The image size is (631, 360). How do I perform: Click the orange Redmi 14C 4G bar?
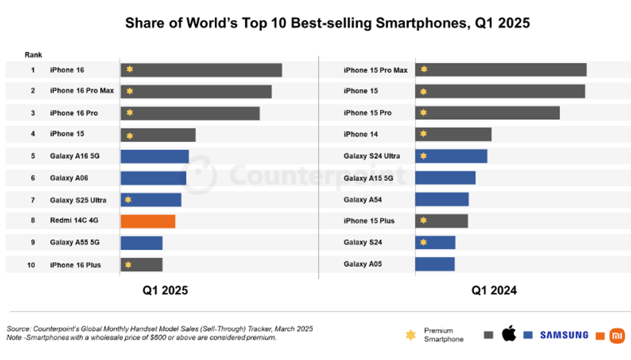[x=147, y=221]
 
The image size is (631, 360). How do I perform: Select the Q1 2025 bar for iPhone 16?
[x=201, y=70]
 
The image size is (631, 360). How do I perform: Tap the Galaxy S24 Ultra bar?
[x=451, y=156]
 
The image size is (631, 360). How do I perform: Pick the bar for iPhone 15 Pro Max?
[x=500, y=70]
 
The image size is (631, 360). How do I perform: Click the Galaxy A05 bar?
[x=435, y=264]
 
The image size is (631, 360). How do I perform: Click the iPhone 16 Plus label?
[x=75, y=265]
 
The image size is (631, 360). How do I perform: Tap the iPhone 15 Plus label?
[x=369, y=221]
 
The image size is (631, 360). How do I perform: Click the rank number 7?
[x=32, y=200]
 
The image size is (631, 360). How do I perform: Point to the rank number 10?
[x=31, y=265]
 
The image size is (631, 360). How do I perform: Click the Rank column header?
[x=33, y=55]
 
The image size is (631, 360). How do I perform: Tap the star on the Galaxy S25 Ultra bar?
[x=129, y=200]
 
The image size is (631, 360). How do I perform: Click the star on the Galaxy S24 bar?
[x=423, y=242]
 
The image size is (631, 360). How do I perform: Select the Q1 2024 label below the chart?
[x=494, y=290]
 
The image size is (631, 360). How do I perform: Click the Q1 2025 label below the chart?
[x=165, y=290]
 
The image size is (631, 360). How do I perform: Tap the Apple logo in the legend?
[x=509, y=334]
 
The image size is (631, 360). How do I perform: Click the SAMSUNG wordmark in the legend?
[x=564, y=335]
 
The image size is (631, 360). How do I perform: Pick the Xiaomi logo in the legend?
[x=617, y=335]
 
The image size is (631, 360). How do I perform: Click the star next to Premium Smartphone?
[x=410, y=335]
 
